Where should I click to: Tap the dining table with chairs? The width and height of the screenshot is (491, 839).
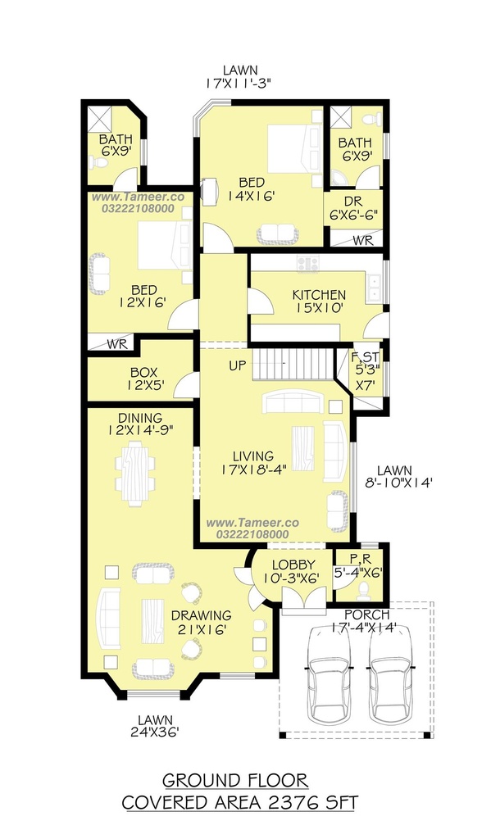[x=135, y=473]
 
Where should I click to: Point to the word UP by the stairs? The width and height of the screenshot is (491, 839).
[x=238, y=366]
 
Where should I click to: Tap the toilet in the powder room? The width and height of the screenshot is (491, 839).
[x=364, y=589]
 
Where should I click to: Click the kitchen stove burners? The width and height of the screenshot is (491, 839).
[x=308, y=263]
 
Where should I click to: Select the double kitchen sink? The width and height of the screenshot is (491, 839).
[x=373, y=288]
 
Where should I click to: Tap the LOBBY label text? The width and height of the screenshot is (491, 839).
[x=293, y=565]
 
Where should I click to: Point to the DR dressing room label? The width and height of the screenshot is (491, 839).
[x=353, y=202]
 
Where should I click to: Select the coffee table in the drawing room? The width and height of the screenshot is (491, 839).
[x=153, y=621]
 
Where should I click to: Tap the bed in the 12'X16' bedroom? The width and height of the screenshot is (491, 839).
[x=165, y=246]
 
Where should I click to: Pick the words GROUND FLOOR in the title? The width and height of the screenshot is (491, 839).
[x=235, y=781]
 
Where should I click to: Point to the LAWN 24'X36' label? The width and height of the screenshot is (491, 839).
[x=155, y=726]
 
